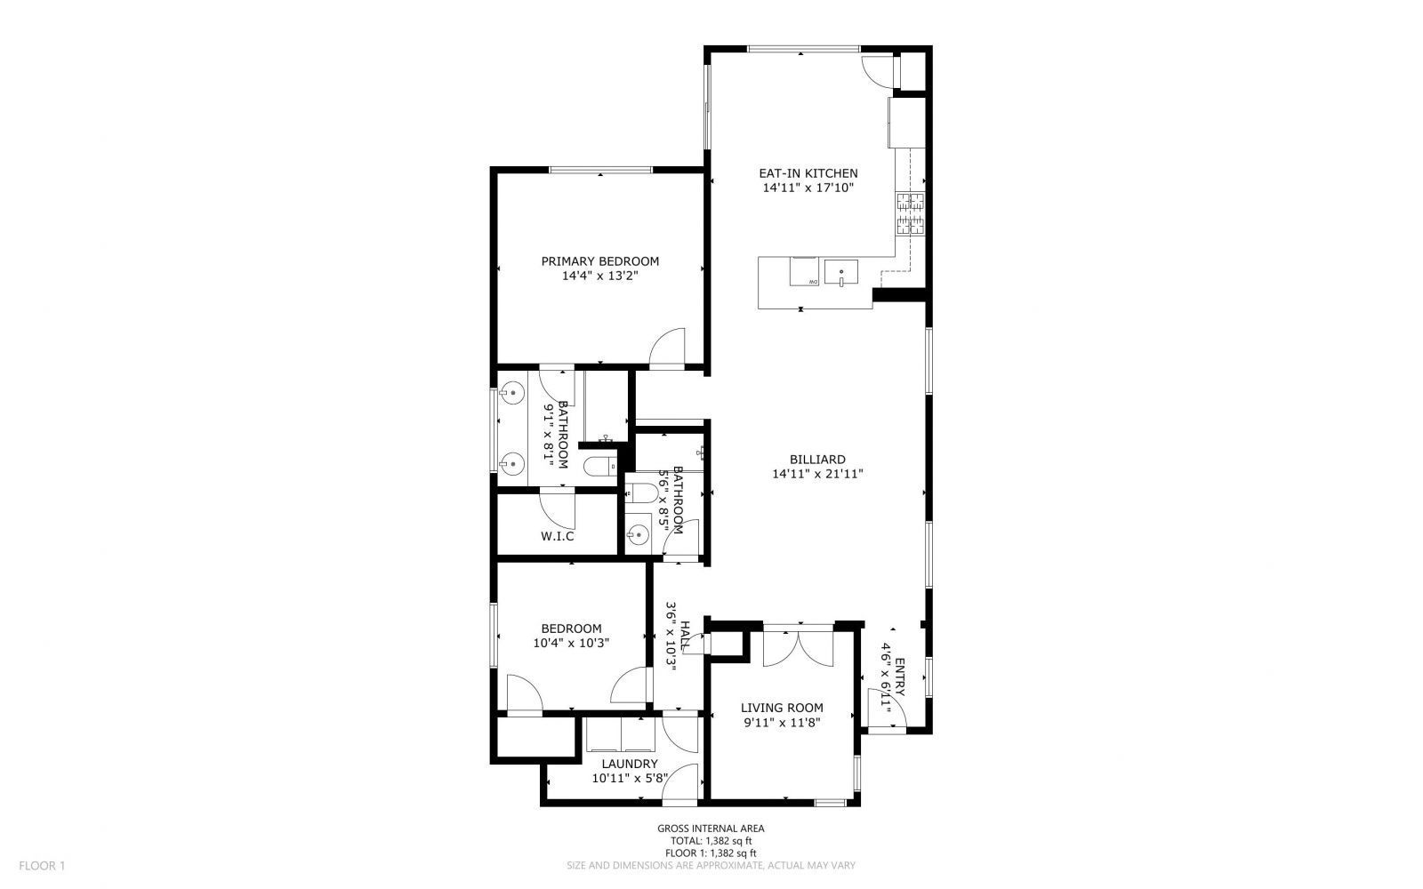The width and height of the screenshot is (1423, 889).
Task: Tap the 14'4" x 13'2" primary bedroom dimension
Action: click(600, 276)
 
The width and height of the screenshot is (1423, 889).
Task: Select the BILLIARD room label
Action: click(817, 460)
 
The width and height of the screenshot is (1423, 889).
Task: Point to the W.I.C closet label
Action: click(558, 536)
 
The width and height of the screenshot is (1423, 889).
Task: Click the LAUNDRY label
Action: click(630, 764)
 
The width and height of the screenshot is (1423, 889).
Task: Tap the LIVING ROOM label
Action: click(782, 708)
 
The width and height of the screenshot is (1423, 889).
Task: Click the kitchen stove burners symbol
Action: click(910, 213)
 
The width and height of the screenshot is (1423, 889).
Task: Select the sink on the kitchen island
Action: click(840, 271)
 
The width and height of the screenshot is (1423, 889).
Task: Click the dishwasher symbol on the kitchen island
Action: click(804, 271)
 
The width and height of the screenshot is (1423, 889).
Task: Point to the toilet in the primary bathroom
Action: click(600, 465)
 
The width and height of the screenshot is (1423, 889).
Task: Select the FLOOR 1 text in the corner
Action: click(43, 865)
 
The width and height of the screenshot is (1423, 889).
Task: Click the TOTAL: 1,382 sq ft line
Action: click(711, 840)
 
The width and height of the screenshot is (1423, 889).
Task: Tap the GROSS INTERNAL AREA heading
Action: click(711, 828)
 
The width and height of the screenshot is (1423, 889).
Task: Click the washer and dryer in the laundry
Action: click(620, 737)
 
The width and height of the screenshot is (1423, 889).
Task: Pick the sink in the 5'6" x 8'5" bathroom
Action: click(637, 534)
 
